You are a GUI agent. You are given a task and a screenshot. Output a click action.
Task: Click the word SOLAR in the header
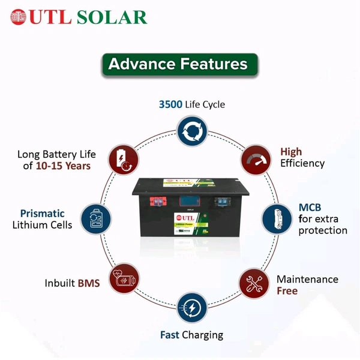(112, 17)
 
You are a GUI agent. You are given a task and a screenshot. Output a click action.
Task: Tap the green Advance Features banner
(179, 64)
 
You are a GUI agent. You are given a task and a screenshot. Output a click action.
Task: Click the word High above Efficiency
(292, 152)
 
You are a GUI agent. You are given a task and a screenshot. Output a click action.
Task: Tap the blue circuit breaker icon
(276, 220)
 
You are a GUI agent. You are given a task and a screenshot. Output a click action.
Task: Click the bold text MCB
(310, 208)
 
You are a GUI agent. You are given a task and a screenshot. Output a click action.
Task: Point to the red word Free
(287, 291)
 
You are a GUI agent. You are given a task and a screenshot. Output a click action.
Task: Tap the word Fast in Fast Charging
(171, 335)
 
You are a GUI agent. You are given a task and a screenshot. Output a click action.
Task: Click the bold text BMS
(88, 283)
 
